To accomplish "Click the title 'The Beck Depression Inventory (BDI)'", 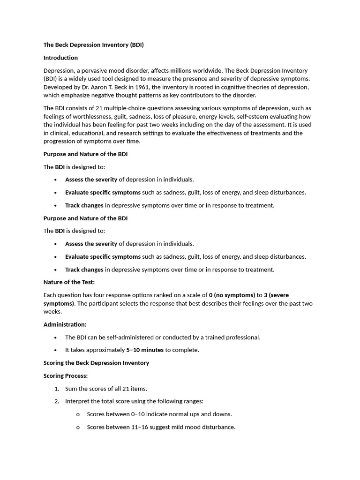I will point(93,45).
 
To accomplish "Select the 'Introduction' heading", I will point(60,58).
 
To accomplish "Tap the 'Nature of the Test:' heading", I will point(69,282).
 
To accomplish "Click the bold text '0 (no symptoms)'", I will point(232,295).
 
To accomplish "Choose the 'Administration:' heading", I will point(65,324).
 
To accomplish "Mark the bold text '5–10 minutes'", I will point(145,350).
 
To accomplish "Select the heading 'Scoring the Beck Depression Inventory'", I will point(96,363).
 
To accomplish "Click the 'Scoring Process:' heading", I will point(66,376).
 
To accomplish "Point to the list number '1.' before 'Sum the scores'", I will point(57,389).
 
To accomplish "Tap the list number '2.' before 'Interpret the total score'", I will point(57,402).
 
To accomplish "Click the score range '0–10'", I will point(139,414).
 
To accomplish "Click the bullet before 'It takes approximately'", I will point(55,350).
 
